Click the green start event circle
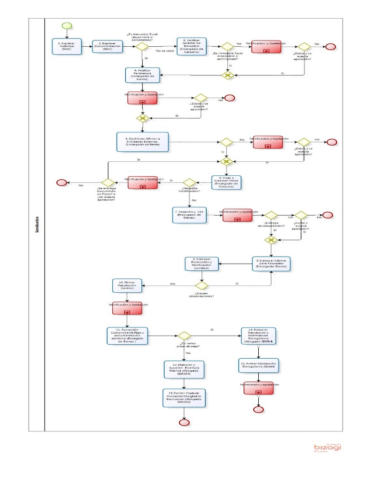(x=66, y=26)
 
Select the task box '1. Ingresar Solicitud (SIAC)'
(x=67, y=47)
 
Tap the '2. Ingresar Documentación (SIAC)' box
(x=107, y=47)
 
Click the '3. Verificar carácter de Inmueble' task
(x=191, y=47)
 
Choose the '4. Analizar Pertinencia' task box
(x=142, y=75)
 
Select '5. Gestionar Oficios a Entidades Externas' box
(x=143, y=142)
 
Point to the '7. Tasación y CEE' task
(x=189, y=215)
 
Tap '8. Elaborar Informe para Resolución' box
(x=272, y=264)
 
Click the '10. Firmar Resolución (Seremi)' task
(x=127, y=285)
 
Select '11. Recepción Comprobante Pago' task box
(x=127, y=336)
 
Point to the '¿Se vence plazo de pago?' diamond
(x=184, y=336)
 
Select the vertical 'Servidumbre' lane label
(x=37, y=224)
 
